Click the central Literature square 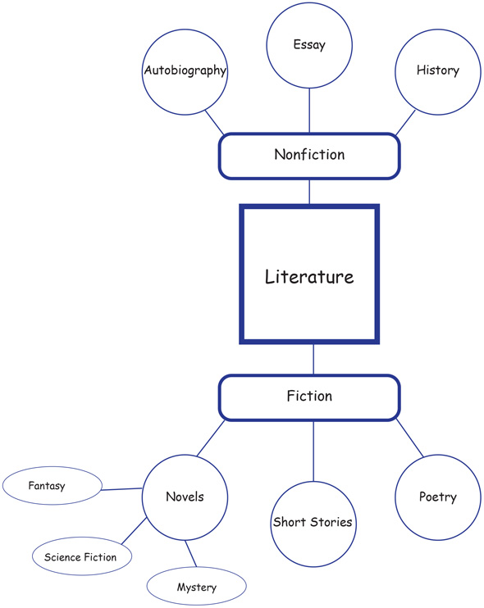(309, 275)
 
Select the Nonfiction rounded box (309, 156)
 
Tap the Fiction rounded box (309, 397)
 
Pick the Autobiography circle (185, 71)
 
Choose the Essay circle (309, 46)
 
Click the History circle (437, 71)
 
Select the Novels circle (185, 497)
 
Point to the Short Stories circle (313, 523)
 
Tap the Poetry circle (437, 497)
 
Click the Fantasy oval (47, 487)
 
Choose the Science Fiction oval (80, 557)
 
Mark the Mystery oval (196, 588)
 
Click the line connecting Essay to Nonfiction (309, 111)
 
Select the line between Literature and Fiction (313, 359)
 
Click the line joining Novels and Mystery (192, 553)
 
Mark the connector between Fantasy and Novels (116, 490)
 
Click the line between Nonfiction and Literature (309, 192)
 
